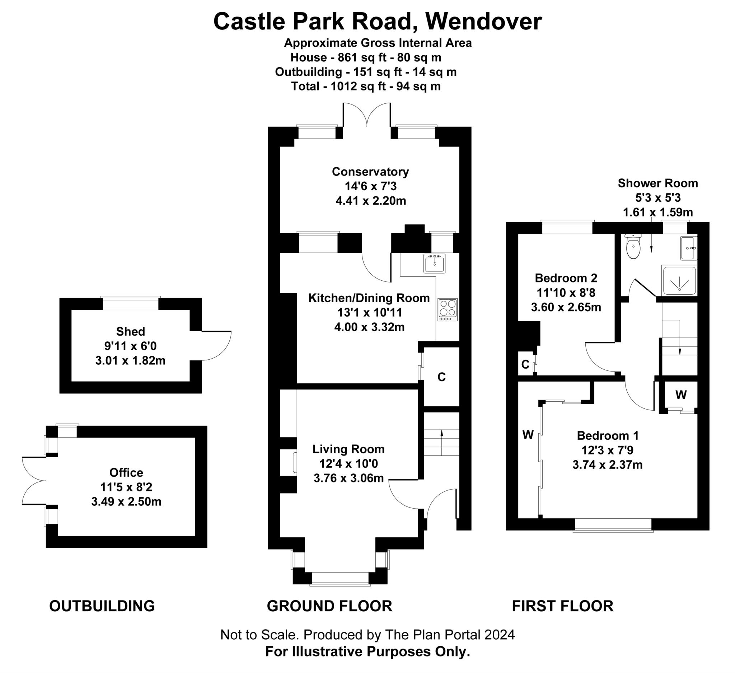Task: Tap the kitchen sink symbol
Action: tap(434, 263)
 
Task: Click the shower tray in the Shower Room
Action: tap(679, 281)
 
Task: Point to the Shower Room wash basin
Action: tap(688, 248)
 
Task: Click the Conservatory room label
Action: tap(370, 172)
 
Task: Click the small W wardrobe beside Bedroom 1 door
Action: tap(681, 394)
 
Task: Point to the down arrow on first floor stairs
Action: tap(680, 351)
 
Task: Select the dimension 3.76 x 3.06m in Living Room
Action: tap(348, 478)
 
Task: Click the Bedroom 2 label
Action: tap(566, 278)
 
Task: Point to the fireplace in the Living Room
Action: tap(294, 462)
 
